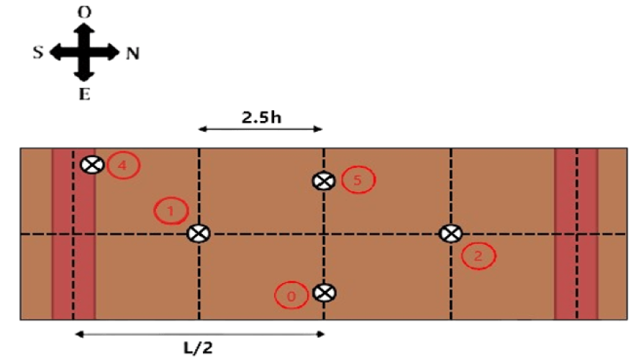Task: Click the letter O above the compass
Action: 85,12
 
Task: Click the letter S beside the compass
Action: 39,52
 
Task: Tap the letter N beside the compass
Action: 132,53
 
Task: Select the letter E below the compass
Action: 85,94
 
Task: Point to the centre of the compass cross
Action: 85,52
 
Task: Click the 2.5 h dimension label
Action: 260,117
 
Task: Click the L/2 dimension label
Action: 197,348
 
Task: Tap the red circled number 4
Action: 122,166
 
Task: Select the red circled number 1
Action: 171,211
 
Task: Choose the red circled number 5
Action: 358,180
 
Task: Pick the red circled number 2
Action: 478,256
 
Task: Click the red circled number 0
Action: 291,295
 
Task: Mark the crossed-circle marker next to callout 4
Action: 91,165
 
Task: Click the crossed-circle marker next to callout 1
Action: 198,234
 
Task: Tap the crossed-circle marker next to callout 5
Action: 324,181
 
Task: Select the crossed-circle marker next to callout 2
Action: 450,233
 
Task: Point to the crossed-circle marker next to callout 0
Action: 324,292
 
